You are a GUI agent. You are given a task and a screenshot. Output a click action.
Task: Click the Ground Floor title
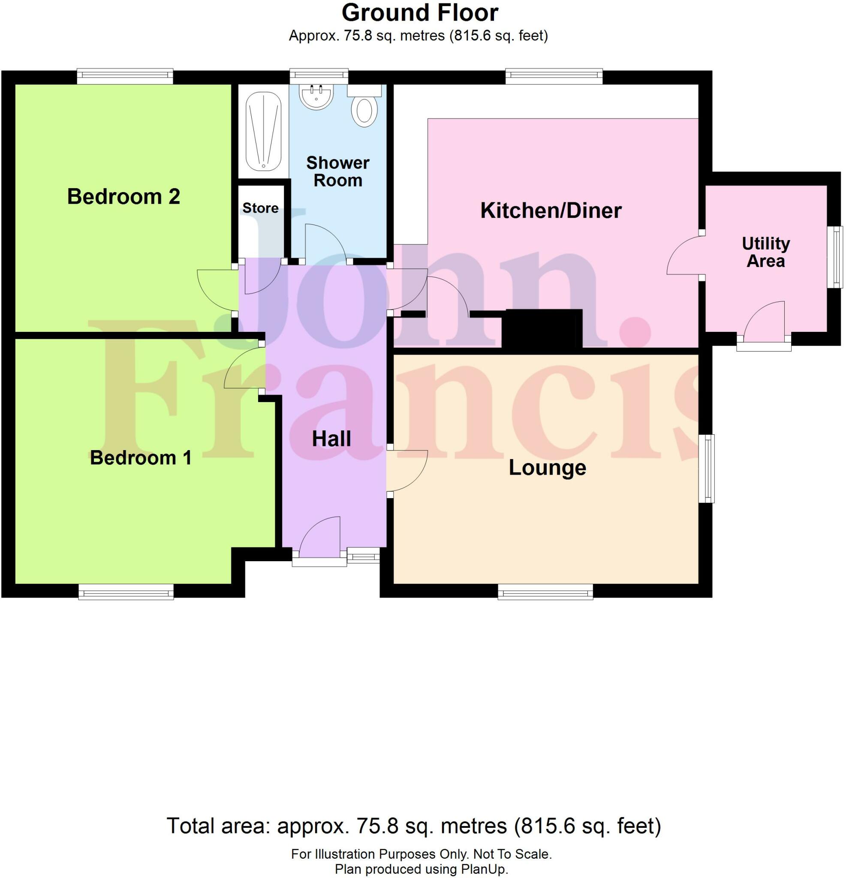tap(419, 13)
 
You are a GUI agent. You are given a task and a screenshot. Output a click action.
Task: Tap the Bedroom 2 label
tap(123, 197)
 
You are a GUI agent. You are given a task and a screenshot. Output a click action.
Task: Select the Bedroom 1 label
tap(141, 458)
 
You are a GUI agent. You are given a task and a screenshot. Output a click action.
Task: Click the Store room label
tap(260, 208)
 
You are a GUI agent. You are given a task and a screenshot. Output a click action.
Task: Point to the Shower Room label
tap(337, 171)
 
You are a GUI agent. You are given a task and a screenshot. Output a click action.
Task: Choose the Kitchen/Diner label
tap(551, 210)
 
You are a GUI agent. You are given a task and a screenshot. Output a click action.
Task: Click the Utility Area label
tap(765, 252)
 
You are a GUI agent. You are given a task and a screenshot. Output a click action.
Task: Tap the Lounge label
tap(547, 468)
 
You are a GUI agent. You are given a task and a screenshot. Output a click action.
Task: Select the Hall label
tap(331, 439)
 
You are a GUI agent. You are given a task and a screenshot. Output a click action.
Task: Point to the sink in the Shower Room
tap(316, 97)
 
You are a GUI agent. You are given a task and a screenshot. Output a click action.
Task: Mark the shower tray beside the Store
tap(263, 131)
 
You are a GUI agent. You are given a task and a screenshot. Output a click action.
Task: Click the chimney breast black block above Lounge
tap(541, 328)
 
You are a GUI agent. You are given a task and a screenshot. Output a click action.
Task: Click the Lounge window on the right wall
tap(707, 468)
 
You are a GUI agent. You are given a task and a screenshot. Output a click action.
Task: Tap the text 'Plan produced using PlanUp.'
tap(421, 869)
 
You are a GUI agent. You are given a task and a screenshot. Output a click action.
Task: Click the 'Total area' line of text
tap(414, 825)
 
